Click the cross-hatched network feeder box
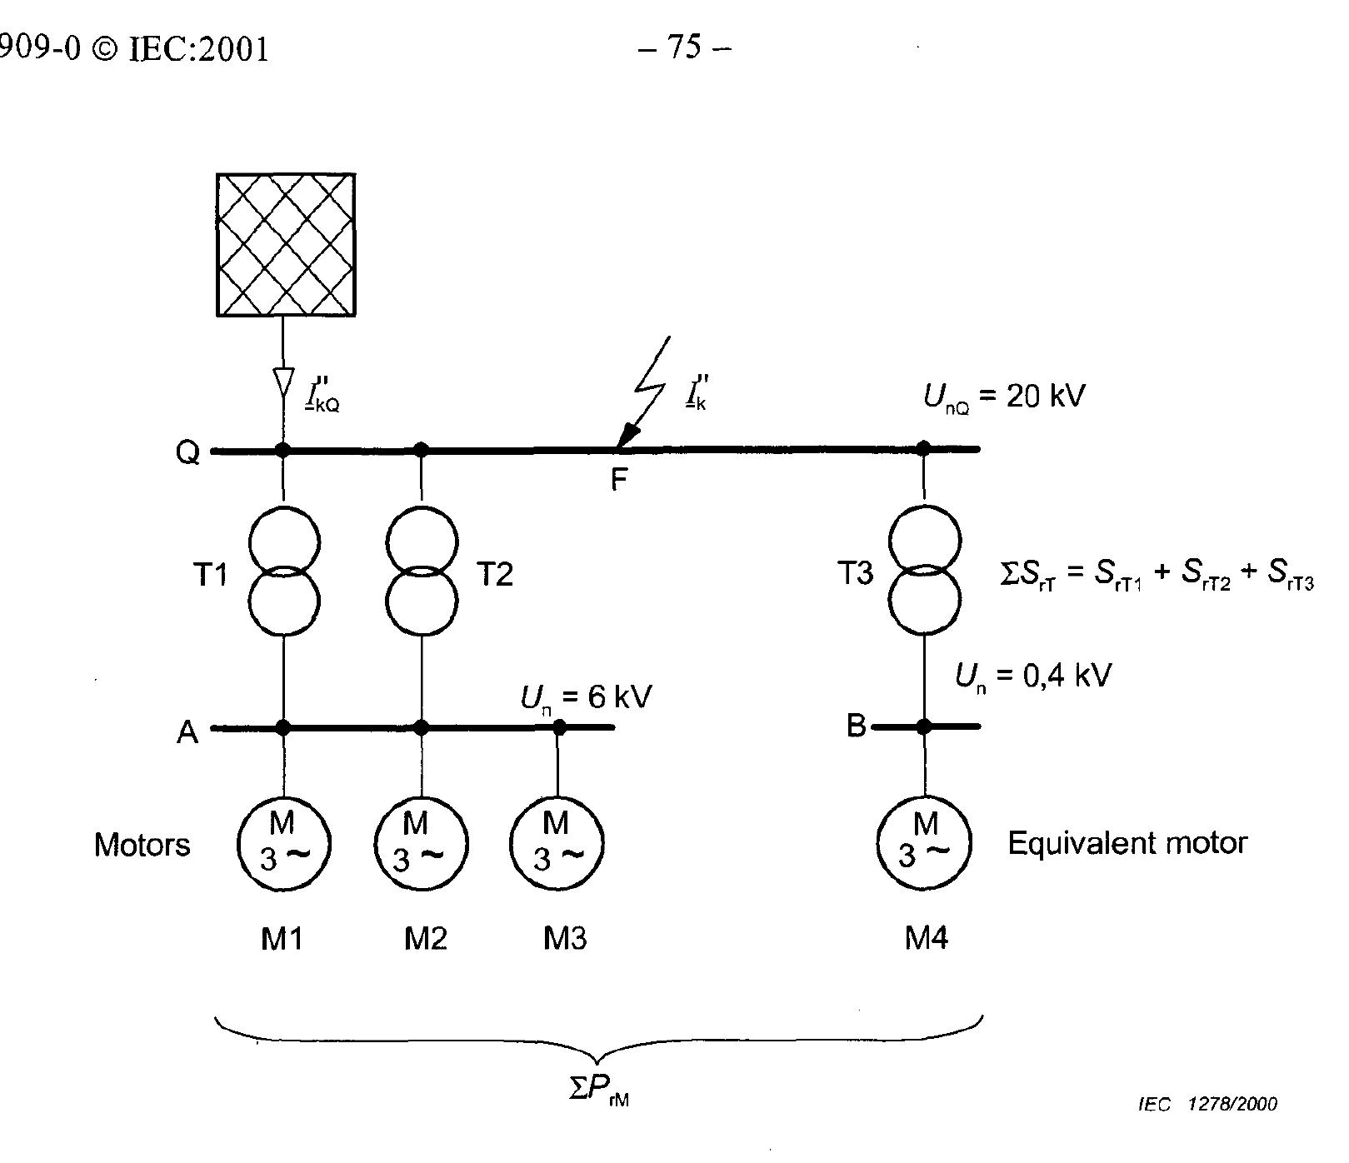[286, 245]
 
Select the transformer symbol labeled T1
[285, 571]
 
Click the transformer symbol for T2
[422, 571]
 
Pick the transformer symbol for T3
[924, 571]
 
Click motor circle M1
[283, 844]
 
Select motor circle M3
[557, 844]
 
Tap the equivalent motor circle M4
[925, 843]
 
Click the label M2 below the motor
[425, 939]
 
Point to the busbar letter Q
[187, 452]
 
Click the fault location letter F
[618, 480]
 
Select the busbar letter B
[856, 726]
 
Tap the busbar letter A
[187, 731]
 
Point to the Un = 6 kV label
[586, 697]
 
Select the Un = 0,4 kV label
[1032, 676]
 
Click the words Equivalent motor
[1127, 843]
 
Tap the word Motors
[142, 845]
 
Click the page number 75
[684, 47]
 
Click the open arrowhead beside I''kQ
[283, 384]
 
